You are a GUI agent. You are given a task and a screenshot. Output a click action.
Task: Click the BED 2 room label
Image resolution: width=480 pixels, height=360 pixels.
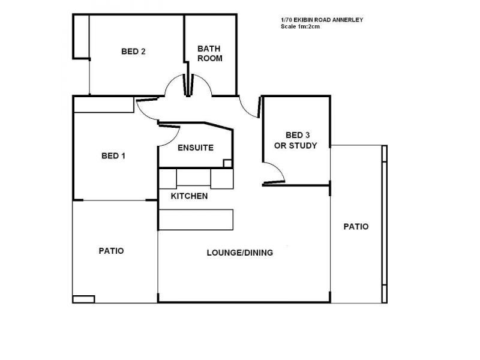133,52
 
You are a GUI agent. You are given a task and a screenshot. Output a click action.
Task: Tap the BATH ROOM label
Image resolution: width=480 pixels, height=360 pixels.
209,53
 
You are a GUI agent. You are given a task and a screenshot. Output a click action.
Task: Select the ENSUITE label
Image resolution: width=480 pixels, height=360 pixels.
196,148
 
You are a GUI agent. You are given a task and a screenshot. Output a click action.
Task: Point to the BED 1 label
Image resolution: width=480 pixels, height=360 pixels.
113,156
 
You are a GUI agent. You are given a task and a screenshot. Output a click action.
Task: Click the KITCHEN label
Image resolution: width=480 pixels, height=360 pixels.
189,196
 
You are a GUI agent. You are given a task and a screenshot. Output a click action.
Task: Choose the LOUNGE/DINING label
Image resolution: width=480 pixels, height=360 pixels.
239,253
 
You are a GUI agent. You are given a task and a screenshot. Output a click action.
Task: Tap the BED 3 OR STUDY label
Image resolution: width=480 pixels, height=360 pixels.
296,140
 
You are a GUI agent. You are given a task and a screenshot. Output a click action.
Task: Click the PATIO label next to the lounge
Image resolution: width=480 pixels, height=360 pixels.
356,227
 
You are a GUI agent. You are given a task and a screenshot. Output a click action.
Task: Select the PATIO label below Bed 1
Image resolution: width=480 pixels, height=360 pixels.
111,251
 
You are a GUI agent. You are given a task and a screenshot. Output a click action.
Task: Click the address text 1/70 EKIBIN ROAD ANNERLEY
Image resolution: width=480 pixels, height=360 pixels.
322,20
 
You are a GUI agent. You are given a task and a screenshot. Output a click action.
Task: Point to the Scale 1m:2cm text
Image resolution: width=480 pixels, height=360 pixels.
301,26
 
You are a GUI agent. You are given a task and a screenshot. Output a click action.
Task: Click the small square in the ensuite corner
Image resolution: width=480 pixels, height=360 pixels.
227,163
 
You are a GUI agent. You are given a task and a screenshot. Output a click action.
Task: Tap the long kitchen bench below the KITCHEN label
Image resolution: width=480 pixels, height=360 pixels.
196,220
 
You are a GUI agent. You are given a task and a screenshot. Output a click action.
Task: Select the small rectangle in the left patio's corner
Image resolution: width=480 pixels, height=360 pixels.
83,299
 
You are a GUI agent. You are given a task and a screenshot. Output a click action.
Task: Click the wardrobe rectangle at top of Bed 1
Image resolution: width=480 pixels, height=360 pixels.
104,104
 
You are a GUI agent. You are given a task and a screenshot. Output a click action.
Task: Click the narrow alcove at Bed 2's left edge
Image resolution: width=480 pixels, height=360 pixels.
81,37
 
